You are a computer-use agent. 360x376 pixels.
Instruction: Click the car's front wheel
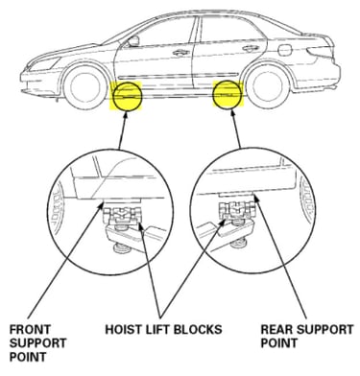(85, 87)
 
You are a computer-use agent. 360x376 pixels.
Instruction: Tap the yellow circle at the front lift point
(128, 96)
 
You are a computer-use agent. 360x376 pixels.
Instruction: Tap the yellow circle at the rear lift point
(228, 95)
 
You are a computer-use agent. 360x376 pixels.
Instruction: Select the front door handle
(180, 53)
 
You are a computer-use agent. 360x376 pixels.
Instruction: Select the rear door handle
(251, 49)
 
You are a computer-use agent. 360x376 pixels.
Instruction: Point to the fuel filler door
(285, 50)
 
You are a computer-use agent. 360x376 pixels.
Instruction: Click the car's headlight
(45, 63)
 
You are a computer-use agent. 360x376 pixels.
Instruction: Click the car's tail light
(320, 51)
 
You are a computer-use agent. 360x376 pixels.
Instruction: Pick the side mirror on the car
(133, 41)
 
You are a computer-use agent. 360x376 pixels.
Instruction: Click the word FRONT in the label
(30, 329)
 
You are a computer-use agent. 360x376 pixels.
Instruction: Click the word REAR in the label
(276, 329)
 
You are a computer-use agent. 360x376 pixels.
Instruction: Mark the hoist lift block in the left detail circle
(122, 215)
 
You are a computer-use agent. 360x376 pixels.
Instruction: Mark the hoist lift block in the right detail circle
(237, 211)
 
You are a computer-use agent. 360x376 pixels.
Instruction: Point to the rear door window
(231, 29)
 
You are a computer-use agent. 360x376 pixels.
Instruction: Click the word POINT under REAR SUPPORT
(278, 343)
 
